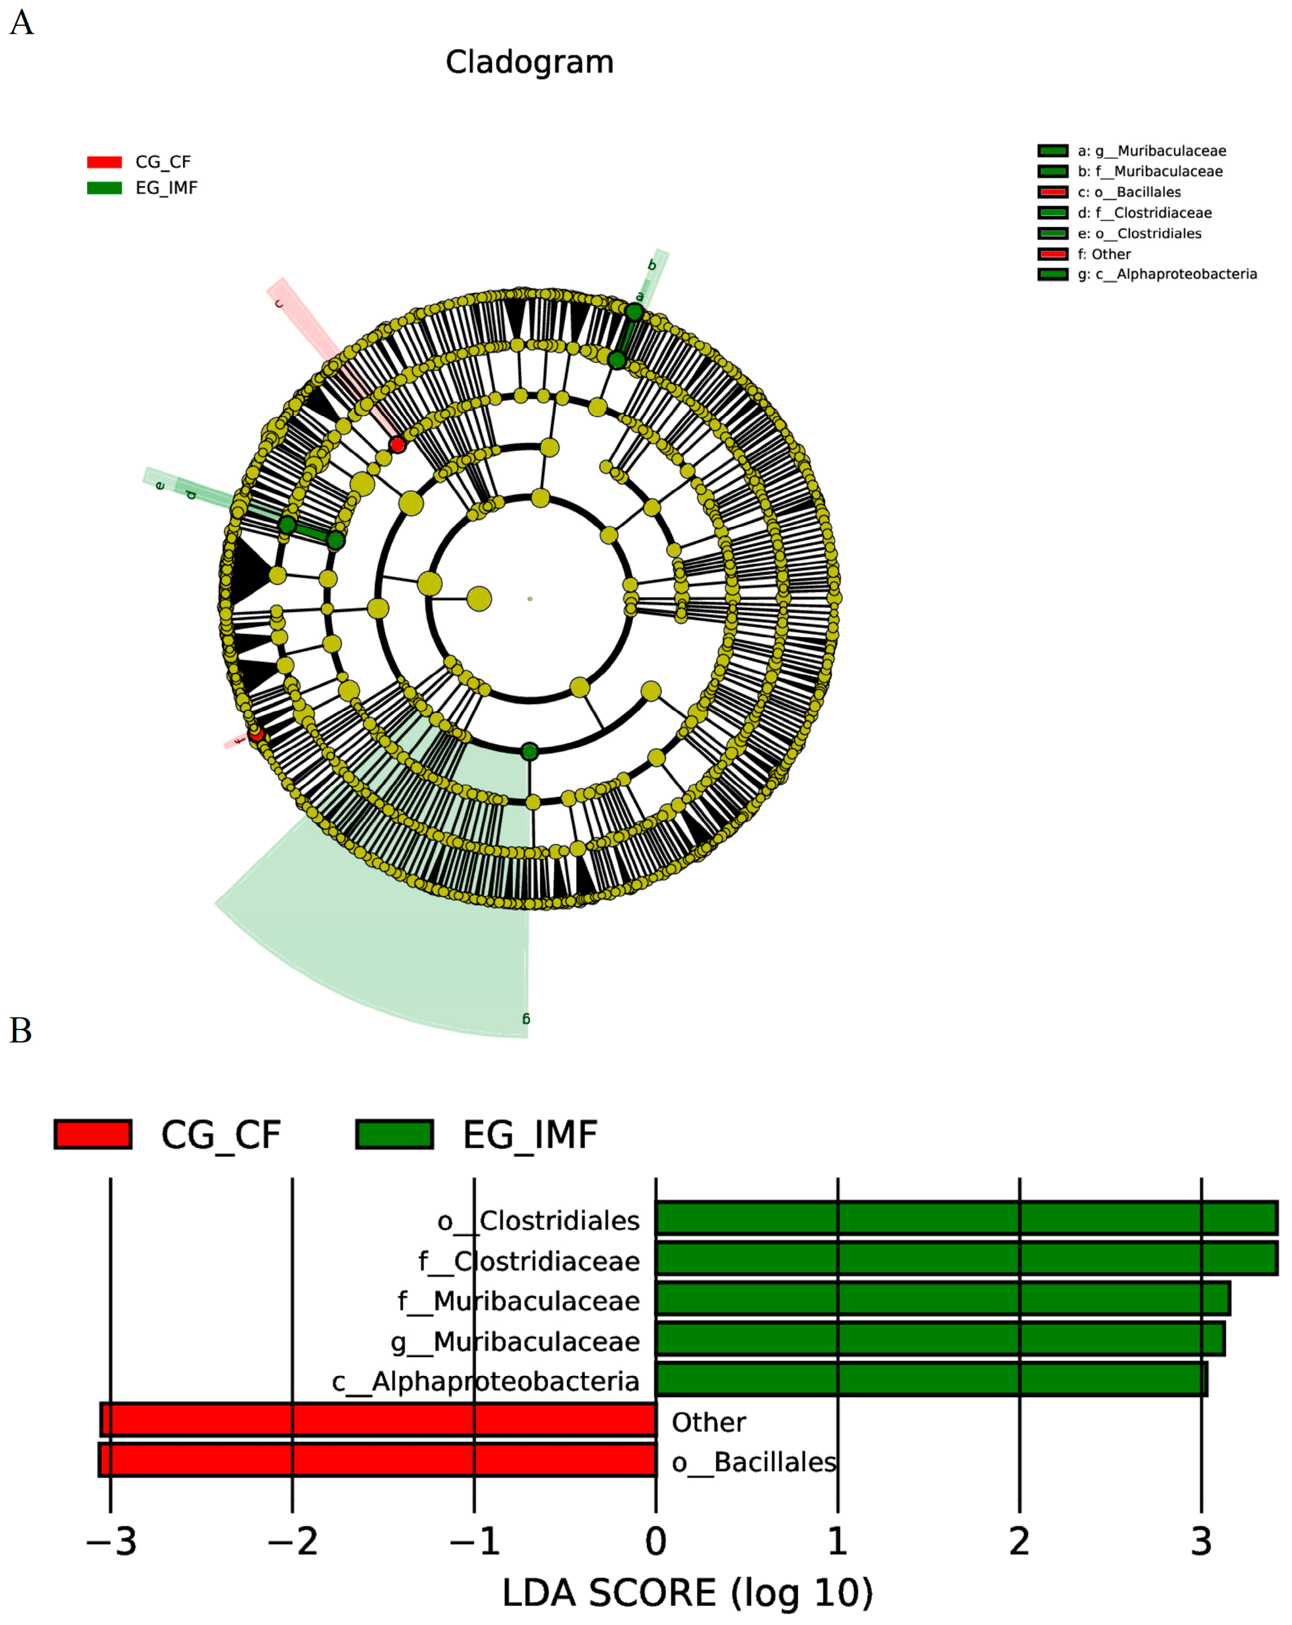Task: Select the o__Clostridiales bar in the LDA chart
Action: (x=966, y=1218)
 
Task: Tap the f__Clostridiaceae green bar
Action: (x=966, y=1259)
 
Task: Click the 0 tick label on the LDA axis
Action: (x=656, y=1542)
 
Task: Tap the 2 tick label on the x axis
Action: (x=1019, y=1542)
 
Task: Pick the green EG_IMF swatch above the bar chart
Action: (x=394, y=1133)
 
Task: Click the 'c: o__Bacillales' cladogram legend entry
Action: (x=1128, y=192)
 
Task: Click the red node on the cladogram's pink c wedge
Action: (x=397, y=445)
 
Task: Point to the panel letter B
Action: (x=20, y=1030)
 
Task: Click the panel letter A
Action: (x=21, y=23)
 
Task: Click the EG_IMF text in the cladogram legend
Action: (x=166, y=188)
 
